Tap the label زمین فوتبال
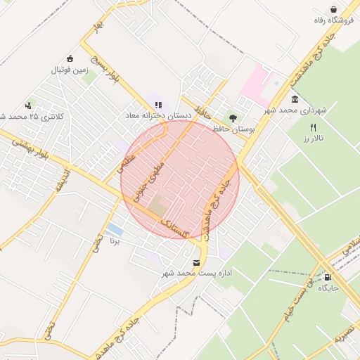[70, 70]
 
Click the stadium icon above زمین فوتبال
[70, 59]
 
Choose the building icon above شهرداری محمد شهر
[294, 99]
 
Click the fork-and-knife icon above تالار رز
[313, 127]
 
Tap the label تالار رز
[312, 139]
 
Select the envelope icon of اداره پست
[195, 262]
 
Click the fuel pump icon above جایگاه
[328, 276]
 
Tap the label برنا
[115, 241]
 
